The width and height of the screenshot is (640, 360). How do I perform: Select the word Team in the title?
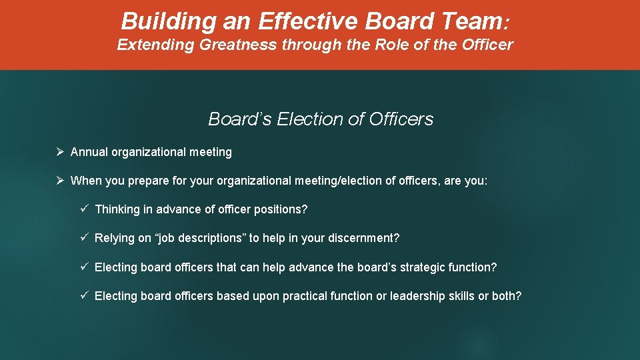pyautogui.click(x=469, y=21)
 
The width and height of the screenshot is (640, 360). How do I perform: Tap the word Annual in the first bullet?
pyautogui.click(x=89, y=152)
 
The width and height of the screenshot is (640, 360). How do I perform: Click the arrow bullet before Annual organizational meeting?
pyautogui.click(x=59, y=152)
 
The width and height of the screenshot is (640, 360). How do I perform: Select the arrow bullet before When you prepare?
pyautogui.click(x=59, y=181)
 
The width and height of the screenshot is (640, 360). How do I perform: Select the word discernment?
pyautogui.click(x=367, y=238)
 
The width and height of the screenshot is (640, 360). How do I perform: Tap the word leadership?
pyautogui.click(x=417, y=296)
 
